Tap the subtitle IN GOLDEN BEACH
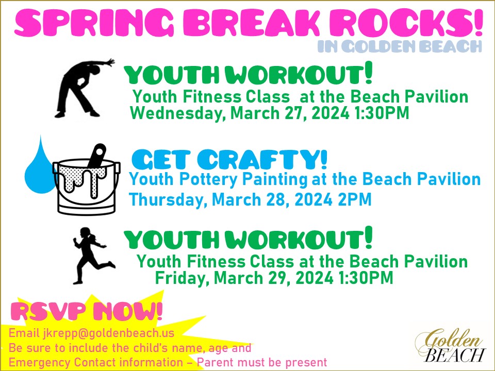[x=400, y=47]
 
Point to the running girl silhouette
[x=93, y=256]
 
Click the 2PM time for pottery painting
[x=355, y=199]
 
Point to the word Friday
[x=181, y=278]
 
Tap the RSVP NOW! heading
[x=87, y=312]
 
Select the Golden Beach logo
[x=451, y=346]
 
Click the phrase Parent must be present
[x=262, y=362]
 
